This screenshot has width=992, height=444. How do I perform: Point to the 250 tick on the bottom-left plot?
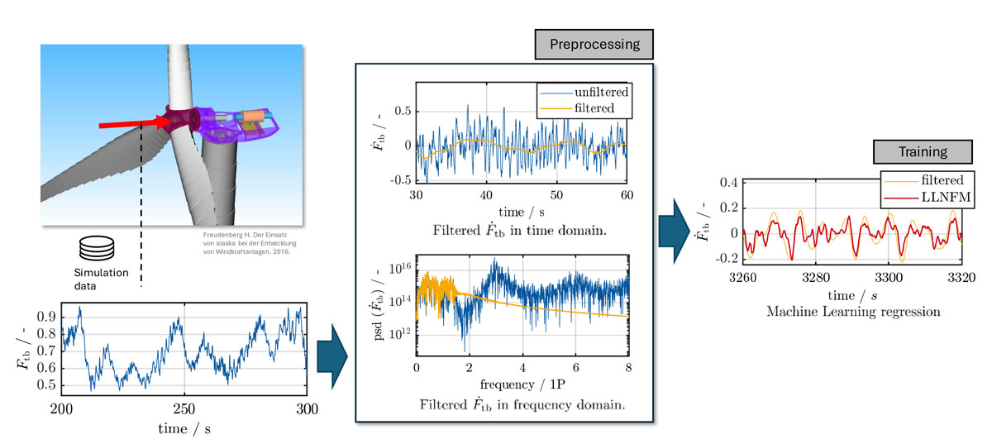184,408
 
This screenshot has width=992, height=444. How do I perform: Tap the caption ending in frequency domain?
522,405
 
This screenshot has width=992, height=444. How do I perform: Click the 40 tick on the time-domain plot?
486,194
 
